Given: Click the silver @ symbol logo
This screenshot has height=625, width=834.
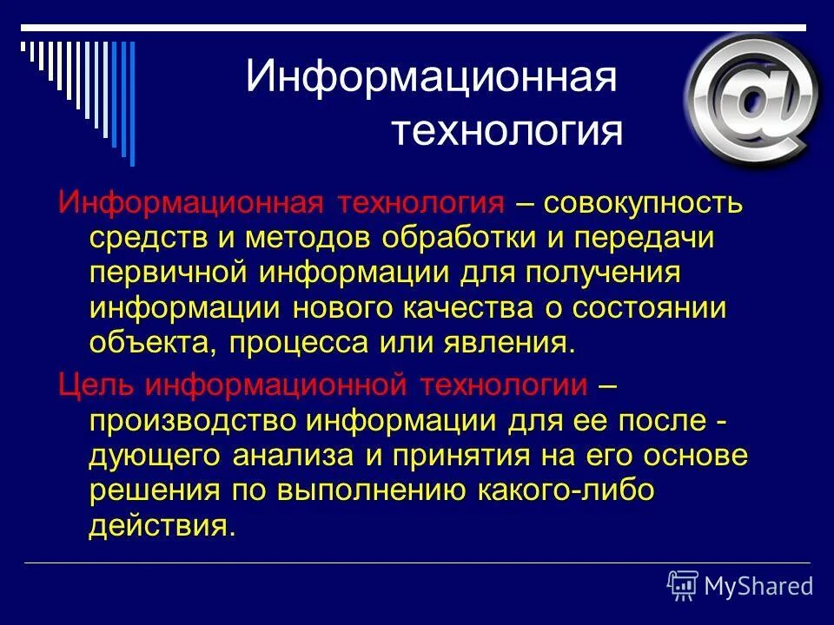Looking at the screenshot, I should click(752, 100).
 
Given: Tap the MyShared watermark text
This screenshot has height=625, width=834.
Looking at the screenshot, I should click(758, 586).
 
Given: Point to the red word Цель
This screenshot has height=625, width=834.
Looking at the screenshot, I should click(95, 384).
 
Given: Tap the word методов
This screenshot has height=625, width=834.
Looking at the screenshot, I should click(312, 238).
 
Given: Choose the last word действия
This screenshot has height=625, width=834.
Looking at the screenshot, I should click(161, 525).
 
